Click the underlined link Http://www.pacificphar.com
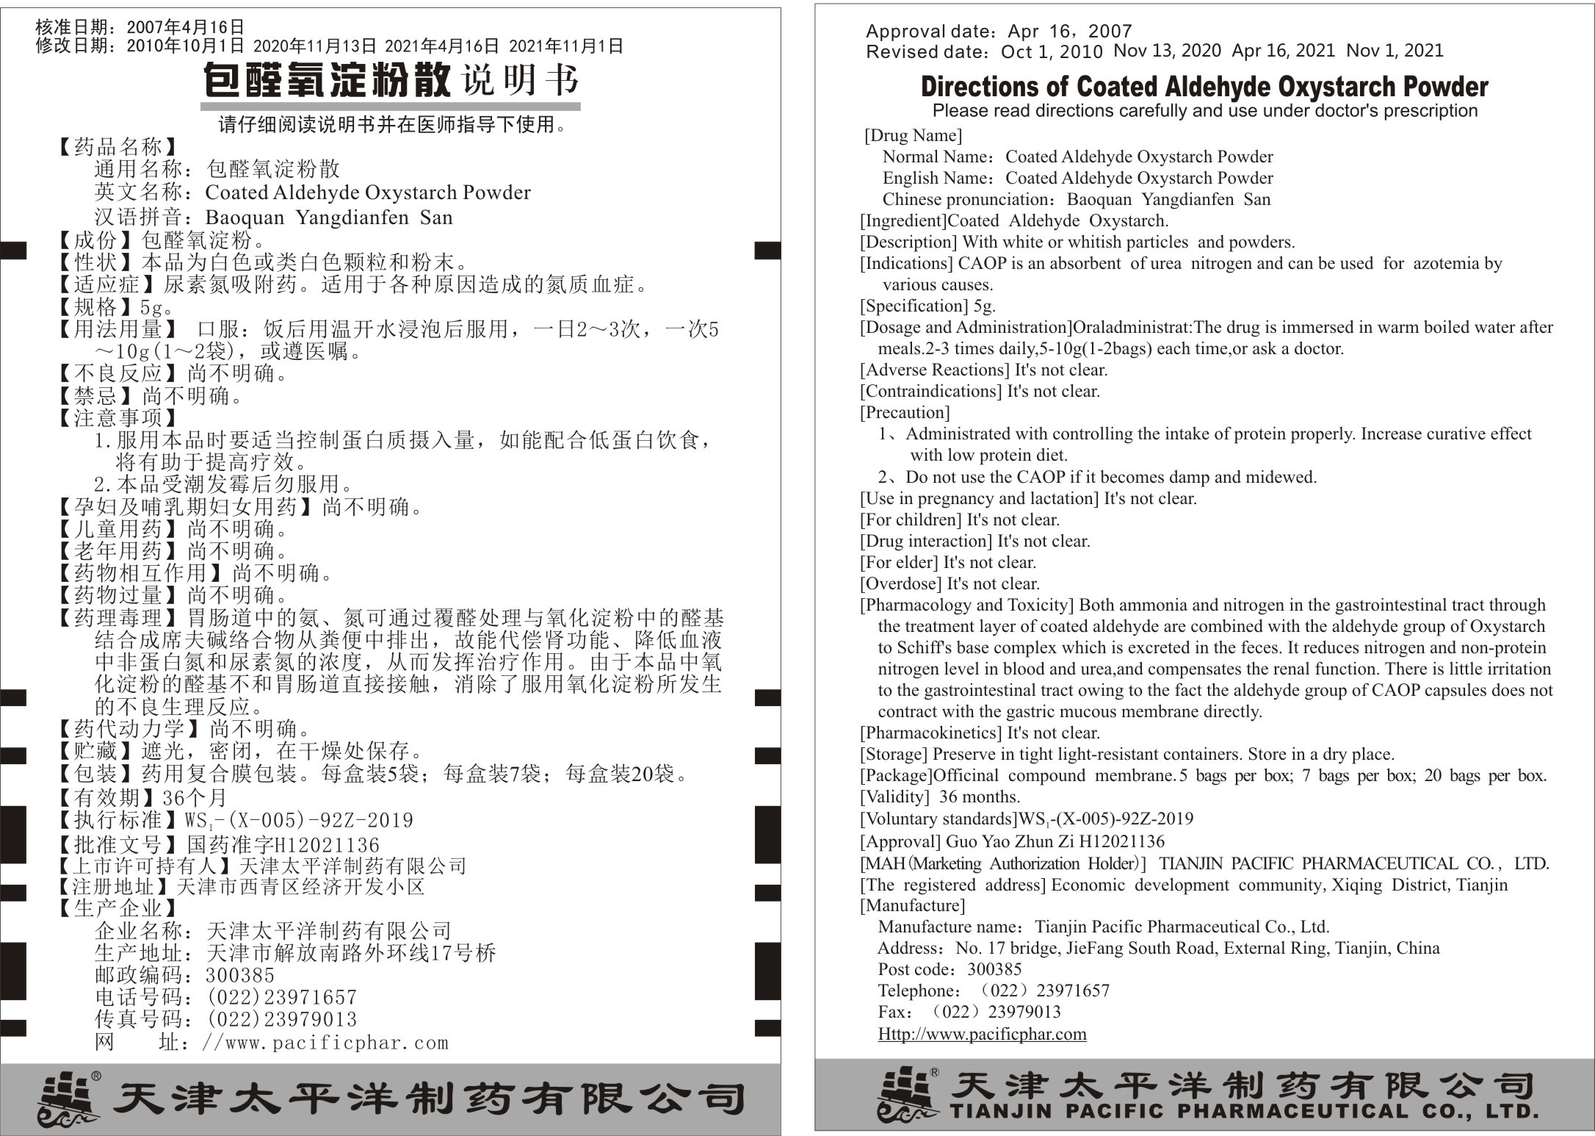coord(982,1034)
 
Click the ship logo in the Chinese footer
coord(70,1099)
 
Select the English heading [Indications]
coord(907,263)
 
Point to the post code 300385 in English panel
coord(994,969)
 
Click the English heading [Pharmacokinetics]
coord(930,733)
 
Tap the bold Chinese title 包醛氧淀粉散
coord(326,80)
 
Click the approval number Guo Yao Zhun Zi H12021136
coord(1055,841)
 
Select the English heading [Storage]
coord(894,754)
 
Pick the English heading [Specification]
coord(914,306)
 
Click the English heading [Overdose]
coord(900,583)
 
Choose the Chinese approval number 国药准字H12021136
coord(283,845)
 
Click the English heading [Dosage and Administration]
coord(966,327)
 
